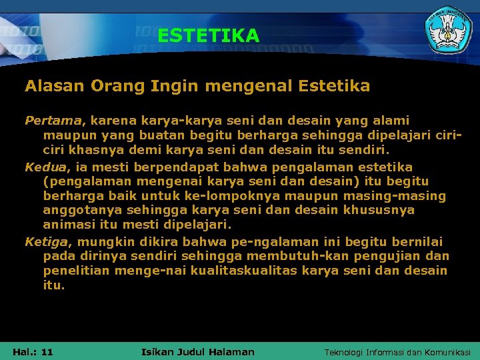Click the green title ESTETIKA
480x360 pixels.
click(208, 35)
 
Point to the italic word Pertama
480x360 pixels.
click(52, 121)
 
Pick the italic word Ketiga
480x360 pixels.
click(46, 241)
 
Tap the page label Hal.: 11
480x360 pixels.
click(33, 351)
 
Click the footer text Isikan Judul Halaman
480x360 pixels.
click(198, 351)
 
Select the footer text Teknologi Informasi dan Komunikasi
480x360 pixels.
click(397, 351)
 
